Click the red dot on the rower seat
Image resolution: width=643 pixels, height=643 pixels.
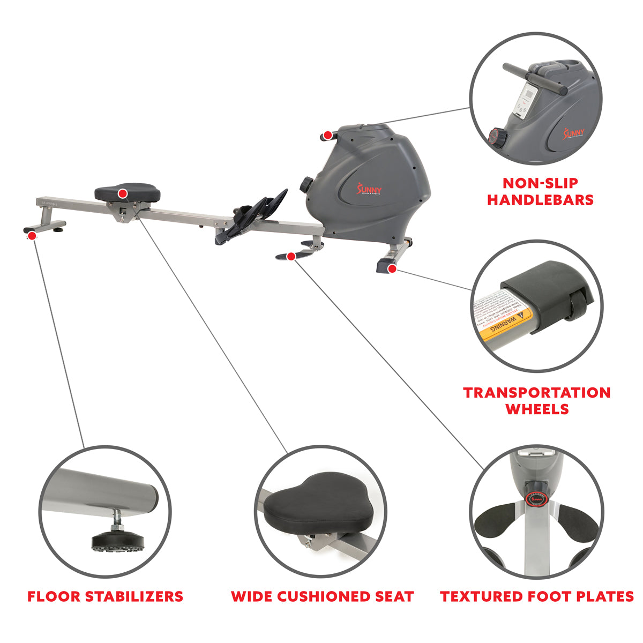tap(123, 193)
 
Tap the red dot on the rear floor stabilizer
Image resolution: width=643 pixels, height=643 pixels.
tap(32, 235)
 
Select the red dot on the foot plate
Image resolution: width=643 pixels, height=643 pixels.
tap(291, 257)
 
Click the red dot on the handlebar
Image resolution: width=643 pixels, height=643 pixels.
tap(326, 134)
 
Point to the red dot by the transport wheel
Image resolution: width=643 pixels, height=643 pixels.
tap(392, 269)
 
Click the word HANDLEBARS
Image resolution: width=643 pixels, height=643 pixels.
tap(540, 200)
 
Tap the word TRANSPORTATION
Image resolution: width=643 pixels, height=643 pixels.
tap(537, 393)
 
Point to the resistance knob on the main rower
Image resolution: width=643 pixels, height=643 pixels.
tap(306, 184)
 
